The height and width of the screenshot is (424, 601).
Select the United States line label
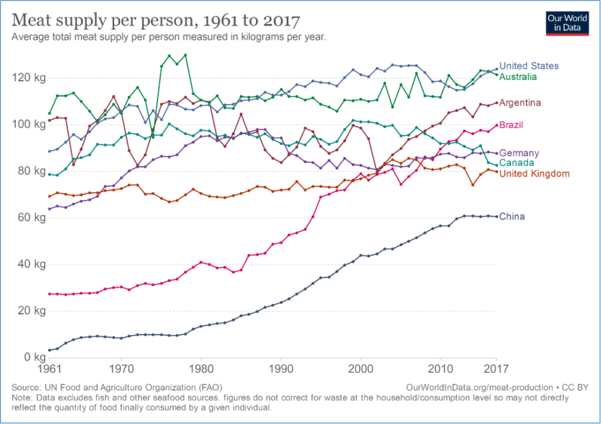(529, 66)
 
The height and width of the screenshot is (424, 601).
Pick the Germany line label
(519, 153)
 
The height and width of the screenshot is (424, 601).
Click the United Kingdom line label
(534, 174)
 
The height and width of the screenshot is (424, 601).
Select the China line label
(512, 216)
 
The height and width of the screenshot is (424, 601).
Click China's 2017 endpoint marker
(496, 216)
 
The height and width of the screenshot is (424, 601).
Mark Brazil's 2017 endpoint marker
(496, 126)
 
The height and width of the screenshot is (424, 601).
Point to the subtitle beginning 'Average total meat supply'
(168, 37)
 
